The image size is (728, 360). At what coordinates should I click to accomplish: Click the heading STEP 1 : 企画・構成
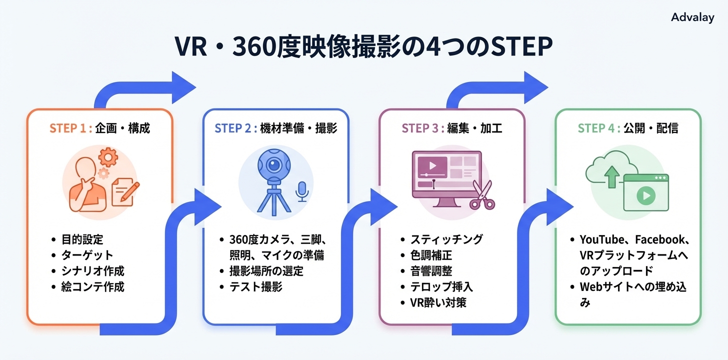pyautogui.click(x=99, y=128)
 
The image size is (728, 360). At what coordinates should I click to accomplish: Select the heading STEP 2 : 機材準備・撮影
pyautogui.click(x=275, y=128)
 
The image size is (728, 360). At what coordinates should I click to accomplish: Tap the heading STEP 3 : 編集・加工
pyautogui.click(x=452, y=128)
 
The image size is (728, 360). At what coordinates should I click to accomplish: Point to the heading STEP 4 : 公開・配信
pyautogui.click(x=628, y=128)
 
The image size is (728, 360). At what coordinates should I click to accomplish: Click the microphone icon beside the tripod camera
pyautogui.click(x=302, y=191)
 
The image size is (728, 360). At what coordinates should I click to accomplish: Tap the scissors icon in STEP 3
pyautogui.click(x=481, y=196)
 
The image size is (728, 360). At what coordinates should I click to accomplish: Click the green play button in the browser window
pyautogui.click(x=645, y=196)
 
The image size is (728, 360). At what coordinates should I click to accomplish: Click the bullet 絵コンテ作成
pyautogui.click(x=92, y=287)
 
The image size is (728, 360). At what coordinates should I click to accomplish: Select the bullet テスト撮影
pyautogui.click(x=256, y=287)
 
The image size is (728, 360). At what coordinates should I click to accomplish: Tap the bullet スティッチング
pyautogui.click(x=446, y=239)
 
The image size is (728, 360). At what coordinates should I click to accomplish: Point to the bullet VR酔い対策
pyautogui.click(x=438, y=302)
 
